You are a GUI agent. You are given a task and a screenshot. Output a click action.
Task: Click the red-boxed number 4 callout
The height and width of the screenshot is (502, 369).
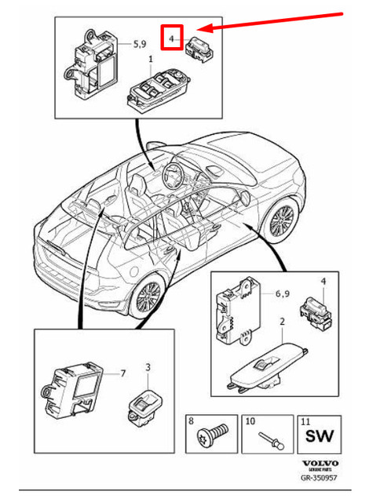[x=170, y=37]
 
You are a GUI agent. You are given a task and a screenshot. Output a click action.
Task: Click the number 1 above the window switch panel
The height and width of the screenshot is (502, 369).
[x=151, y=60]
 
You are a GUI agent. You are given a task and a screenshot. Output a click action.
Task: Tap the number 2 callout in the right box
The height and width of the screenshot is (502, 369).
[x=281, y=322]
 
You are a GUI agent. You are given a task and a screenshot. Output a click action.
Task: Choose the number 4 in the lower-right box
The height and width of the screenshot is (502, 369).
[x=322, y=280]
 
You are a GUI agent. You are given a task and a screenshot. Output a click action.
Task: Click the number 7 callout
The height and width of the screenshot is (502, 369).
[x=122, y=373]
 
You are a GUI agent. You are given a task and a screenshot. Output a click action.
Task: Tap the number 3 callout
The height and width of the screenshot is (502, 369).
[x=149, y=366]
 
